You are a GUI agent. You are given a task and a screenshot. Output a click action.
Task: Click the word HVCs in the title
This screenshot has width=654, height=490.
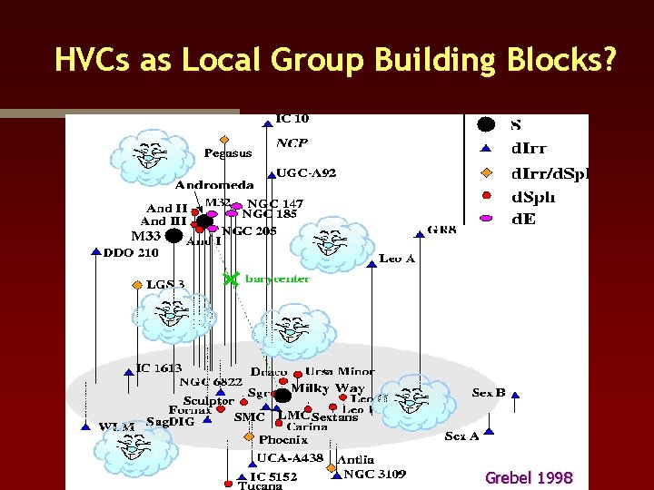(87, 60)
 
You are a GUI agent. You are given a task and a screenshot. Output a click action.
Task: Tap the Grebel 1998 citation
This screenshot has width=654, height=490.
(529, 477)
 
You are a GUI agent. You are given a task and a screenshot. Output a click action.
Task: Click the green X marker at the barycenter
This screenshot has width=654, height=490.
(232, 279)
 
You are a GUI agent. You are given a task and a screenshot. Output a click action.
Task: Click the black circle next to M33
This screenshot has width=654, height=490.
(173, 236)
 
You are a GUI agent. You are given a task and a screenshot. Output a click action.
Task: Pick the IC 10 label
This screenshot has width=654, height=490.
(292, 118)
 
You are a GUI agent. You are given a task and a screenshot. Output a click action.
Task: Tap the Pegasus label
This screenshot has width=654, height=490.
(228, 152)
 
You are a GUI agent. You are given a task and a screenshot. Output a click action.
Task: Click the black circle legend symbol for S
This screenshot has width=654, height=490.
(486, 125)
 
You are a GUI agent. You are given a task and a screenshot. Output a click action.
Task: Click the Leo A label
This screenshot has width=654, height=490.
(397, 259)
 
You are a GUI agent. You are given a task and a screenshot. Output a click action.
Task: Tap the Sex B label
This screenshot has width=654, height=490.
(488, 393)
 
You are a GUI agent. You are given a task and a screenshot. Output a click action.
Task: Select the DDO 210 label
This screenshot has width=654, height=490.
(131, 252)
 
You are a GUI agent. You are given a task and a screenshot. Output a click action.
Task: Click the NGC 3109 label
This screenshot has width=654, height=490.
(374, 474)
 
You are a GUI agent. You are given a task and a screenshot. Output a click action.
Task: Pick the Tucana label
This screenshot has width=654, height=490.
(261, 485)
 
